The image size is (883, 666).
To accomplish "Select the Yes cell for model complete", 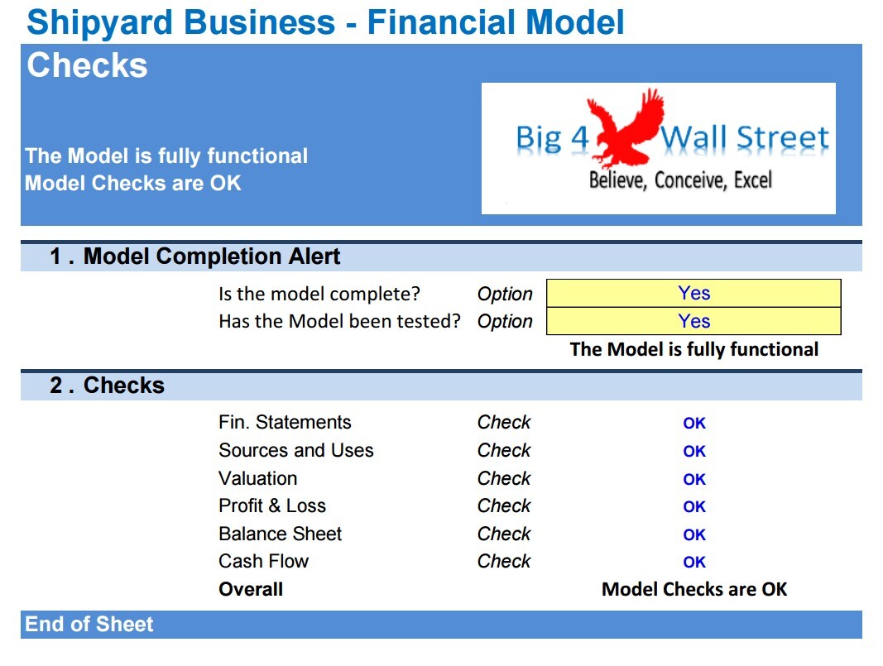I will [x=693, y=294].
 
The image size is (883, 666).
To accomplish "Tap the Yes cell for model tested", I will [x=693, y=322].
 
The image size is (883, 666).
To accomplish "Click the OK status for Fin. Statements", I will [x=693, y=424].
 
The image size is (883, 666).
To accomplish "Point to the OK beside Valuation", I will [x=693, y=480].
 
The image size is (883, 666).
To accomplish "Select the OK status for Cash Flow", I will [x=693, y=563].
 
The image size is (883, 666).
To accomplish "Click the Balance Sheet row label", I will [x=280, y=534].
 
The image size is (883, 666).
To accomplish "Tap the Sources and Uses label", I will [x=295, y=451].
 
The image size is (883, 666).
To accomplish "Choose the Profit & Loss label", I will [x=271, y=506].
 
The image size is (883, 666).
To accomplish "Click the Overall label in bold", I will [x=251, y=590].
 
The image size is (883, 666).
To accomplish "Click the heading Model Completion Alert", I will [x=211, y=256].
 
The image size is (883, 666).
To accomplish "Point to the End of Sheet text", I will [x=89, y=625].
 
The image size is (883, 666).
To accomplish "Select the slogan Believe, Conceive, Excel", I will [x=679, y=180].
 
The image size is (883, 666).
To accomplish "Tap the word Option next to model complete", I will [x=505, y=295].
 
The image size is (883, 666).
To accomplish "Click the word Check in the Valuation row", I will [x=504, y=479].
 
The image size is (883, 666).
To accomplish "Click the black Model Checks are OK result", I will [x=693, y=590].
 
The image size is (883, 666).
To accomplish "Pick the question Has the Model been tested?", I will [x=338, y=322].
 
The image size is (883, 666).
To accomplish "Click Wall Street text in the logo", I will [x=743, y=138].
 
